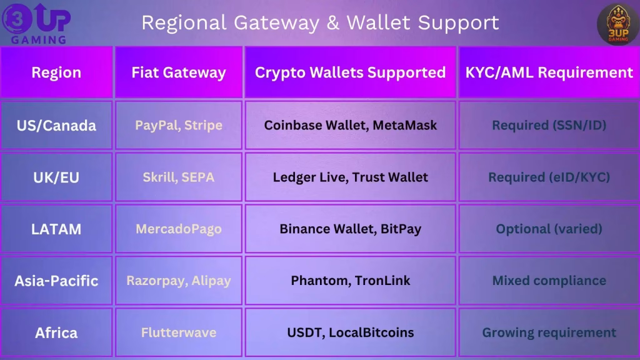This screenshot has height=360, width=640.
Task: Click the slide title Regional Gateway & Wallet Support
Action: coord(320,22)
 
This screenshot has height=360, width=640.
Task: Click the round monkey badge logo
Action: coord(617,24)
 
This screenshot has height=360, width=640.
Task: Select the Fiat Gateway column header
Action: coord(178,72)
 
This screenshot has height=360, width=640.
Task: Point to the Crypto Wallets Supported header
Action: coord(350,72)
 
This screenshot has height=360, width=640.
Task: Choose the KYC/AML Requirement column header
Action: coord(549,72)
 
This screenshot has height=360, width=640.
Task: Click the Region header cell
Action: coord(56,72)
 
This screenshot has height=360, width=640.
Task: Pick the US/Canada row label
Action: coord(56,125)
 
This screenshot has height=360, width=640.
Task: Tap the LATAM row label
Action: coord(56,229)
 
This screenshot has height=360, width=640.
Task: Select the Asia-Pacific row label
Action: coord(56,281)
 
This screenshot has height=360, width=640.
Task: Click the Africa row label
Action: coord(56,332)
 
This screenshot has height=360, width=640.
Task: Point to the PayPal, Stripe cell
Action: coord(178,125)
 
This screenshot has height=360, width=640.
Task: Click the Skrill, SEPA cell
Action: coord(178,177)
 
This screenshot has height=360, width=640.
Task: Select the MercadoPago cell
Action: coord(178,229)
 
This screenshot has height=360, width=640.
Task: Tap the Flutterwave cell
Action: coord(178,332)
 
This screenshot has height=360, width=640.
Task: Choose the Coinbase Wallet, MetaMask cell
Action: coord(350,125)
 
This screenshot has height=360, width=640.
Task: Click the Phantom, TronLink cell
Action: coord(350,281)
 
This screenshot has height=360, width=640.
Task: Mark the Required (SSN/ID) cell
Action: coord(549,125)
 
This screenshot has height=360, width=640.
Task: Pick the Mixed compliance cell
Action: coord(549,281)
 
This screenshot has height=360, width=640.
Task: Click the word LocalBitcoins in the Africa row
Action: coord(371,332)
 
